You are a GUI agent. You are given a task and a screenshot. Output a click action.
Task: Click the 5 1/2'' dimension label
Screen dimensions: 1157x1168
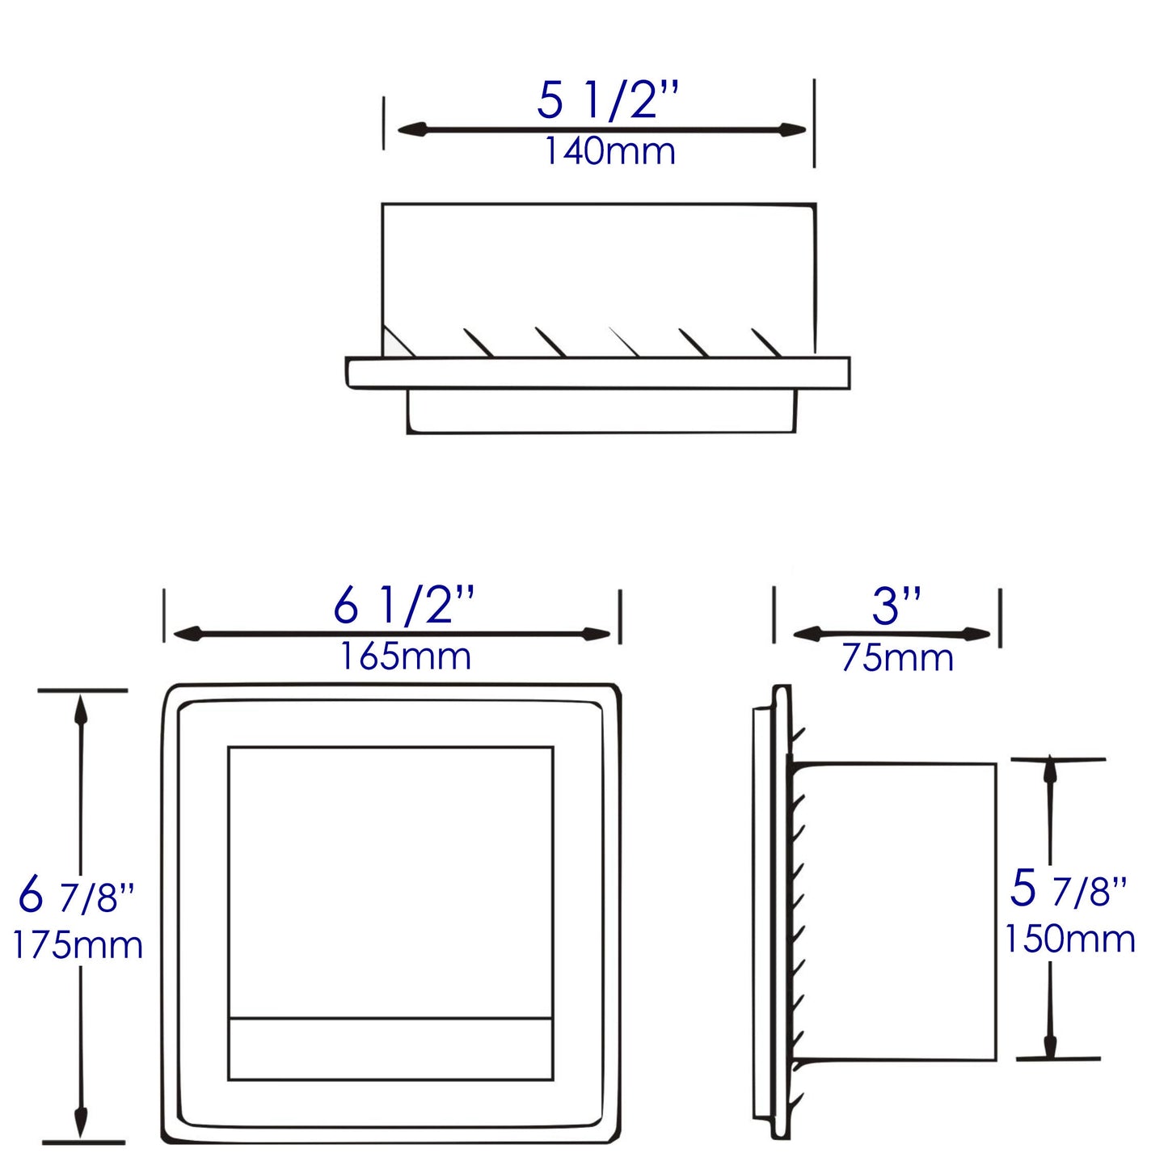coord(609,101)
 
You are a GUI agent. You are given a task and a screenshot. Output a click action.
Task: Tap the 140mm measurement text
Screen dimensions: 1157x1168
coord(609,151)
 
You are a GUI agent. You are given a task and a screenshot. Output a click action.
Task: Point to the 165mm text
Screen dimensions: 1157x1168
coord(404,656)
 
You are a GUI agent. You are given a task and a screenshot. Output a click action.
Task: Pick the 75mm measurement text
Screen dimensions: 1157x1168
coord(897,657)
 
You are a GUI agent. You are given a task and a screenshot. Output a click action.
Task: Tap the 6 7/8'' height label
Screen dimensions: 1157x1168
coord(76,895)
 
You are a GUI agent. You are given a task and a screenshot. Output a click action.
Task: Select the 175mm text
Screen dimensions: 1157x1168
coord(78,944)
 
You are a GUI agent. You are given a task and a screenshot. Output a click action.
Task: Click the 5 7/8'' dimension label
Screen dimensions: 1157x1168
coord(1069,889)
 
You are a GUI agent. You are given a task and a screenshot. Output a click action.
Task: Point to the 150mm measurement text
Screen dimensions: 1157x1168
coord(1069,939)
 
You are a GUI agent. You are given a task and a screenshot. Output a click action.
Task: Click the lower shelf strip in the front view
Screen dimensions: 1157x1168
coord(390,1048)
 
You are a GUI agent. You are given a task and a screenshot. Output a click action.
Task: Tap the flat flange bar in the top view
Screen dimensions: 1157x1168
coord(598,373)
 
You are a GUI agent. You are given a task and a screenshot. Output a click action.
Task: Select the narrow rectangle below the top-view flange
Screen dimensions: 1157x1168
coord(601,411)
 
